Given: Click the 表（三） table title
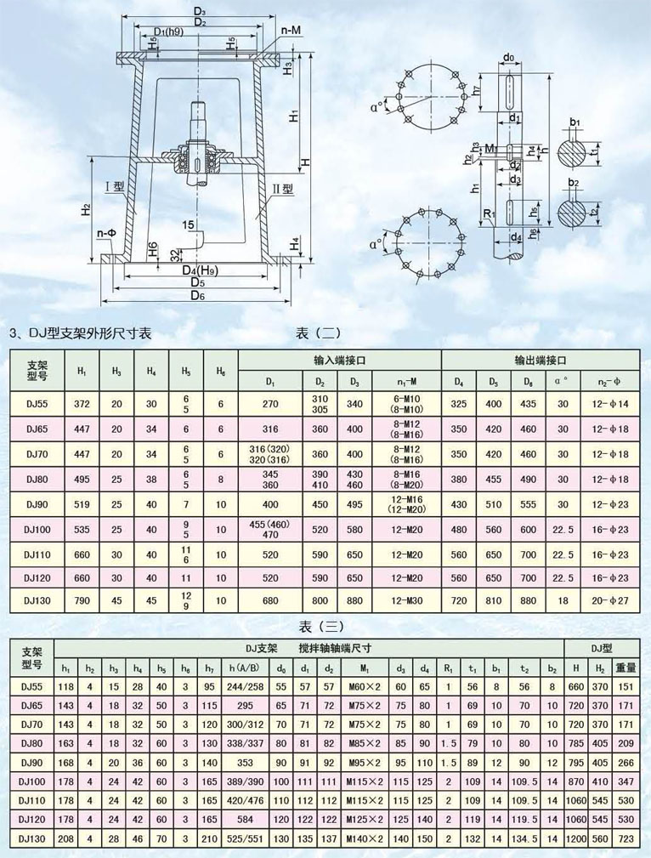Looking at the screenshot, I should (x=322, y=627).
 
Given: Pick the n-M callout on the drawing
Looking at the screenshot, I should (x=292, y=30).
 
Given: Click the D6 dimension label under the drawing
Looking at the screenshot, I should (x=198, y=295).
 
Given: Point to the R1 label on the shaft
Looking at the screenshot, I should (x=488, y=213).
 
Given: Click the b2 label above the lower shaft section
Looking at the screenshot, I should (x=575, y=183).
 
